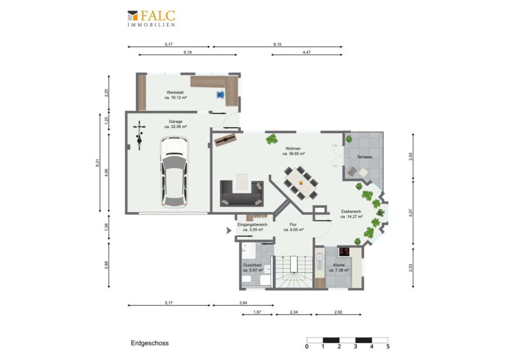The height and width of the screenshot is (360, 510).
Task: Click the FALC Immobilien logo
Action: click(x=151, y=18)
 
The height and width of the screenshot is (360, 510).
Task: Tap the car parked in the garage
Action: click(x=175, y=172)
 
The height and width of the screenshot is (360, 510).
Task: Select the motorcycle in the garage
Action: click(x=140, y=135)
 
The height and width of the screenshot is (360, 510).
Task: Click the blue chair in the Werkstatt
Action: click(x=221, y=95)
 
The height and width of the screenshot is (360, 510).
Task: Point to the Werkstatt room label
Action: click(x=175, y=95)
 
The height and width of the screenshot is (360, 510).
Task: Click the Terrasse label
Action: click(x=364, y=157)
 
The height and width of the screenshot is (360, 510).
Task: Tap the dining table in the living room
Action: click(x=301, y=182)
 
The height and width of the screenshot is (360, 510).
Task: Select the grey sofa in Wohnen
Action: click(x=242, y=194)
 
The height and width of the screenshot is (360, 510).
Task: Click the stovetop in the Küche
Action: click(x=344, y=252)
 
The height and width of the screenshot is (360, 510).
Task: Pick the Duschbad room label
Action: click(x=252, y=268)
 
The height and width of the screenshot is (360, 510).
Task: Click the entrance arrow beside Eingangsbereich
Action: click(x=229, y=231)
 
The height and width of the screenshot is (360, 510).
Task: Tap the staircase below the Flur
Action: click(x=294, y=272)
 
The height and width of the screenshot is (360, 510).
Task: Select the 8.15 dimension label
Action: click(x=277, y=44)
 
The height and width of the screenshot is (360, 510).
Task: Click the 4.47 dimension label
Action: click(x=307, y=52)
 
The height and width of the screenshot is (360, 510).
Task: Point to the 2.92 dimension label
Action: click(x=339, y=312)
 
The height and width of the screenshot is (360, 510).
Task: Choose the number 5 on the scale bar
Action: click(x=388, y=347)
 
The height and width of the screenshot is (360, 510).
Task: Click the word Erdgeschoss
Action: click(x=150, y=343)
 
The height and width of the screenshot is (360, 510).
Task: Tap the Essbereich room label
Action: click(x=352, y=213)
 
